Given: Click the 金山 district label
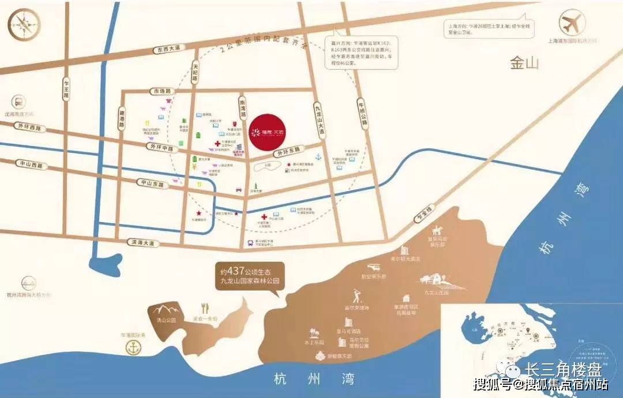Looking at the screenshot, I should click(524, 63).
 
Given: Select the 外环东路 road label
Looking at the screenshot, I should click(288, 153).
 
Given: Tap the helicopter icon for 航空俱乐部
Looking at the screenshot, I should click(375, 268).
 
